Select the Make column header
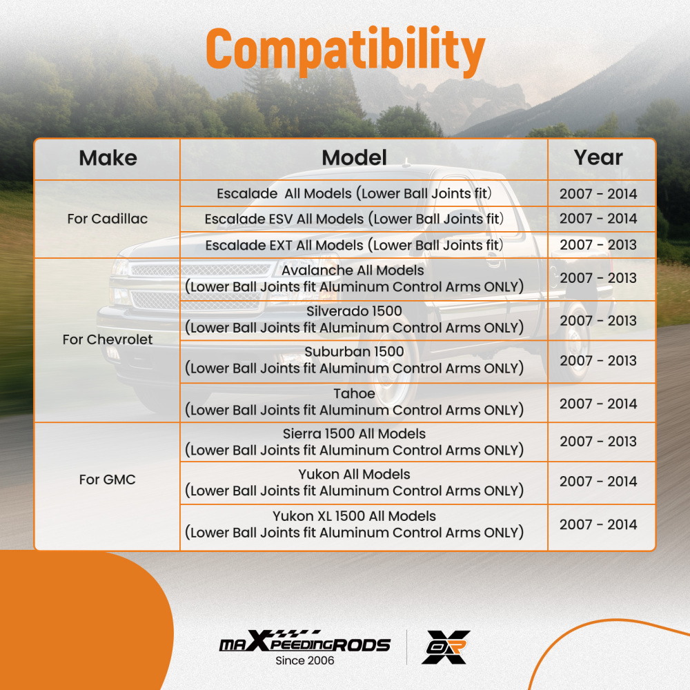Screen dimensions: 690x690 pos(108,158)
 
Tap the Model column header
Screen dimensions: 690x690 pos(354,158)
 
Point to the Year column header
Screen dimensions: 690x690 pos(598,157)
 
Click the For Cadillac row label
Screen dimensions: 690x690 pos(108,219)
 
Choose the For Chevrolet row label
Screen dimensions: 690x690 pos(108,339)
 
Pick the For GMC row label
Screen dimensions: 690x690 pos(108,480)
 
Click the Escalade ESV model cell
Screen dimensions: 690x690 pos(354,219)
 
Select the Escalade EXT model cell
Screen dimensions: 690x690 pos(354,245)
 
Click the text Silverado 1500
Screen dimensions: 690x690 pos(354,311)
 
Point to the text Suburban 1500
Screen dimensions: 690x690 pos(354,352)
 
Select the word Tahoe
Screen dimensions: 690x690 pos(354,393)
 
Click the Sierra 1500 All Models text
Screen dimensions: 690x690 pos(354,434)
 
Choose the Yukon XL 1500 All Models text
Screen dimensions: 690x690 pos(354,515)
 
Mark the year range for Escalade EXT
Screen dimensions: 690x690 pos(598,245)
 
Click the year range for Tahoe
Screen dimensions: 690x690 pos(598,404)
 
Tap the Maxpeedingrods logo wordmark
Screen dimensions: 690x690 pos(305,641)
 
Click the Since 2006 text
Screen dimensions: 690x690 pos(305,660)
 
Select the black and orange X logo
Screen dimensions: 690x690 pos(446,647)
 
